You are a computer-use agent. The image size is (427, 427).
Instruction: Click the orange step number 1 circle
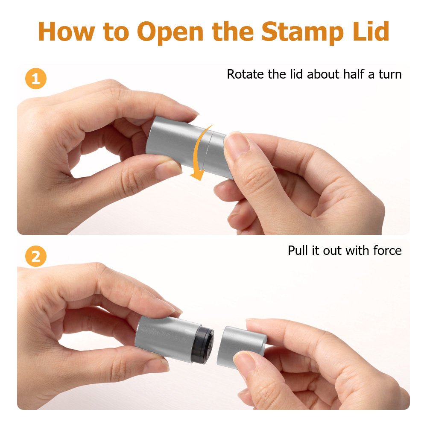[x=36, y=79]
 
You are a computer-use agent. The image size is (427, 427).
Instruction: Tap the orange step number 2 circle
[x=36, y=256]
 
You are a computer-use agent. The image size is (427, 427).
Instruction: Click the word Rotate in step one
[x=245, y=74]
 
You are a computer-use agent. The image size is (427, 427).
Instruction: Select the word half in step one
[x=354, y=74]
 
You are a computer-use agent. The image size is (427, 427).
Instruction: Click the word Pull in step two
[x=298, y=250]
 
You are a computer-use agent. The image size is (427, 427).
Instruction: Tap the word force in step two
[x=388, y=251]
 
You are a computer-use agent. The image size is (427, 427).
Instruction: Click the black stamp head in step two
[x=202, y=344]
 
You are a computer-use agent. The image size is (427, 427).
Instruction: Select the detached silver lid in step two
[x=241, y=346]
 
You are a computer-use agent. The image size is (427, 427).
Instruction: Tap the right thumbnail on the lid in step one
[x=235, y=142]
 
